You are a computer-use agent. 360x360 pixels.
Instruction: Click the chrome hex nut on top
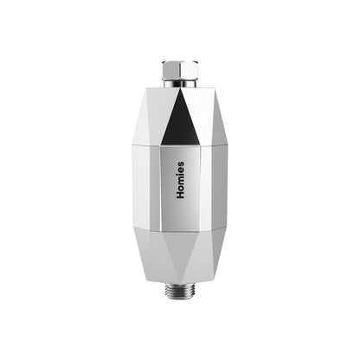coord(180,70)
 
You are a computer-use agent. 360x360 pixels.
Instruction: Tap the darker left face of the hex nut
coord(170,70)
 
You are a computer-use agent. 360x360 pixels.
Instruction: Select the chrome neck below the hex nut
coord(180,84)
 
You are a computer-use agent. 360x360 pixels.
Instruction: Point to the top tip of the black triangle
coord(180,89)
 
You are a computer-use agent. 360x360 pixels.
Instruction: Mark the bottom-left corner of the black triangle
coord(161,145)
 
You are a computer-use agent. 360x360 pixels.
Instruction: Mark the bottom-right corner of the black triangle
coord(201,145)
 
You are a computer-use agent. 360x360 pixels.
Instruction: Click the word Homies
coord(180,180)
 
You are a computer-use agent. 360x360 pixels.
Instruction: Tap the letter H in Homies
coord(180,195)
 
